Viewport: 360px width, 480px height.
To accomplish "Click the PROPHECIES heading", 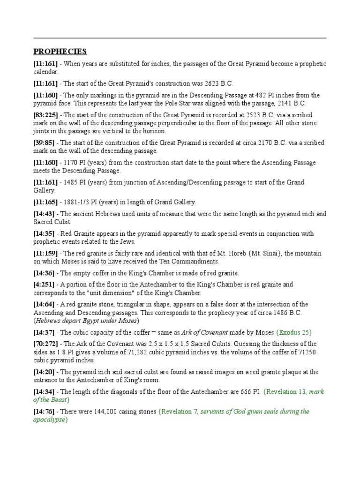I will [60, 51].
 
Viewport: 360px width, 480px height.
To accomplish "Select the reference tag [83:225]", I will [45, 115].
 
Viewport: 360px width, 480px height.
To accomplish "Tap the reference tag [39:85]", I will [44, 142].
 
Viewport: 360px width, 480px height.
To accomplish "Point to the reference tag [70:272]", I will [45, 344].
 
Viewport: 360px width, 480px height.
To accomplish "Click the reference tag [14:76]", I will [44, 412].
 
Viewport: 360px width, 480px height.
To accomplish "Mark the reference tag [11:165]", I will [45, 202].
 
